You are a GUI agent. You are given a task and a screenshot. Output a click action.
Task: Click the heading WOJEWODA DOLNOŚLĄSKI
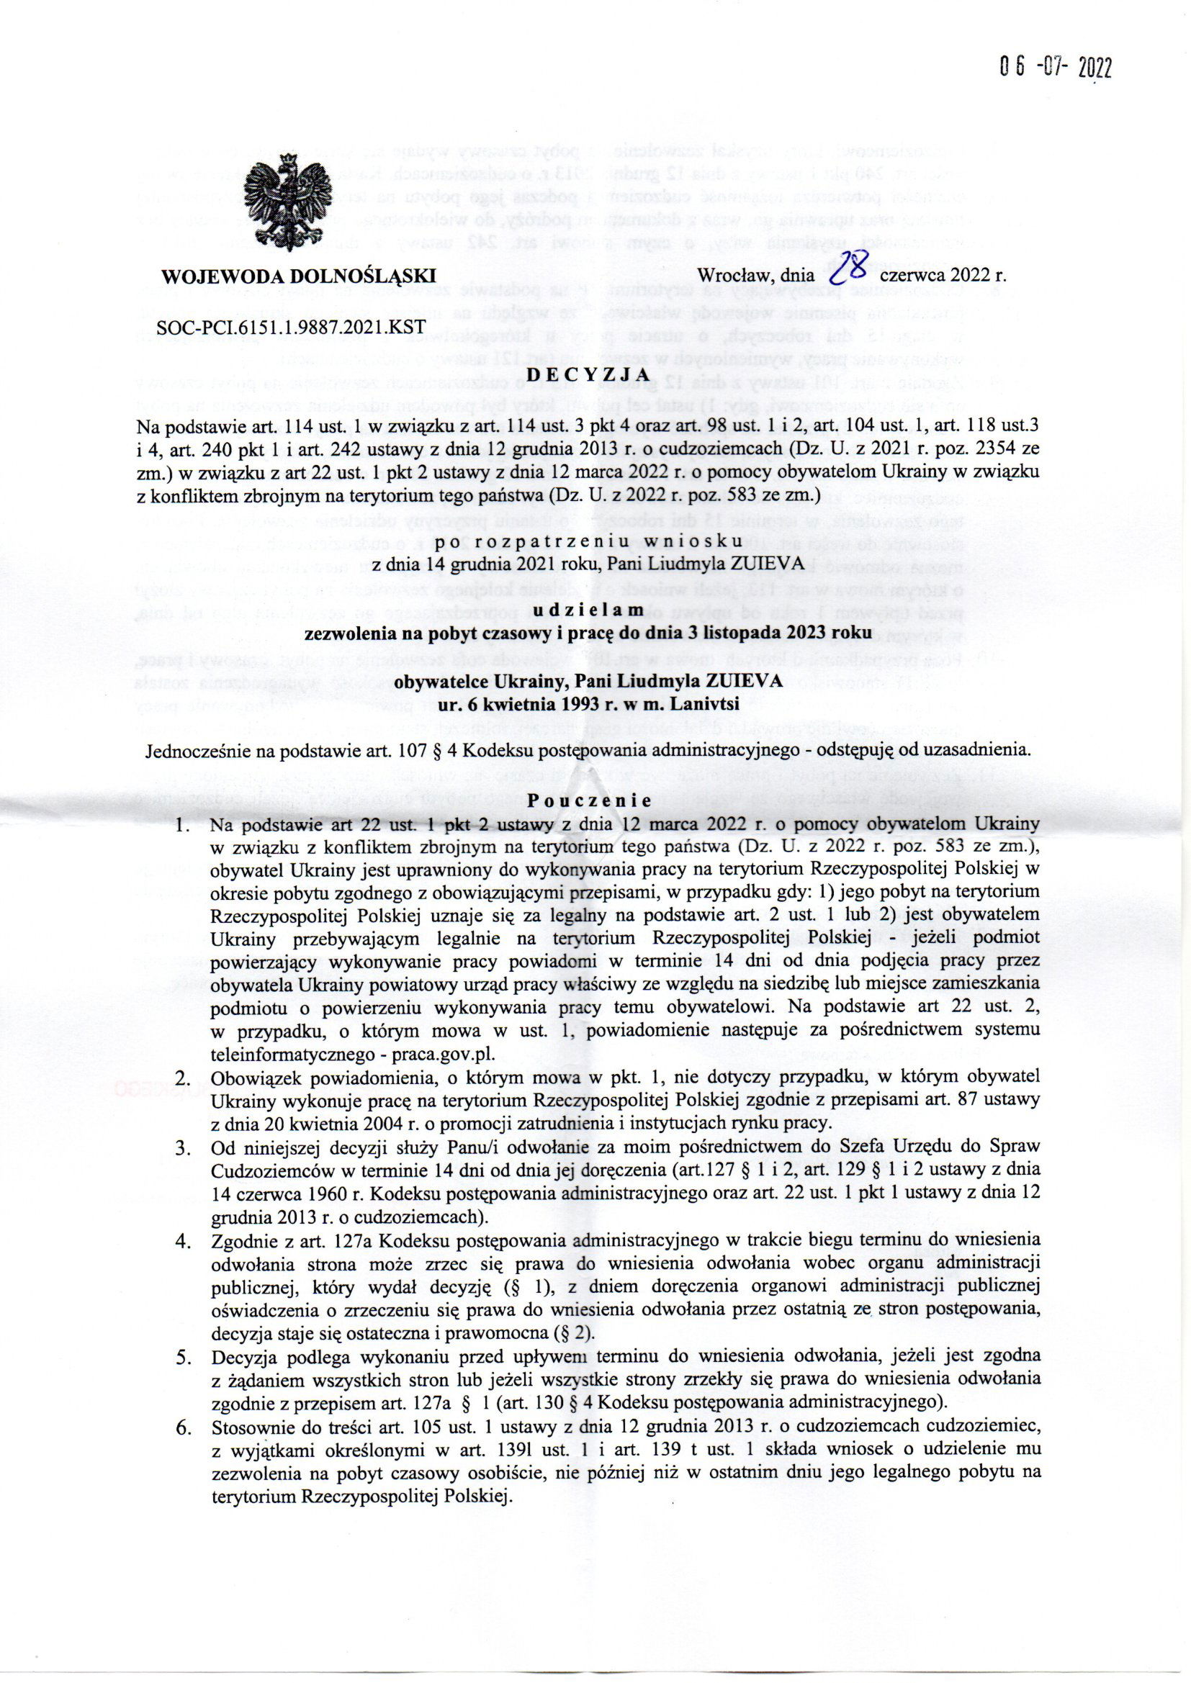(300, 276)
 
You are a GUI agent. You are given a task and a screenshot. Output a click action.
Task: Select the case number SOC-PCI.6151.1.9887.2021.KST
(287, 328)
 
